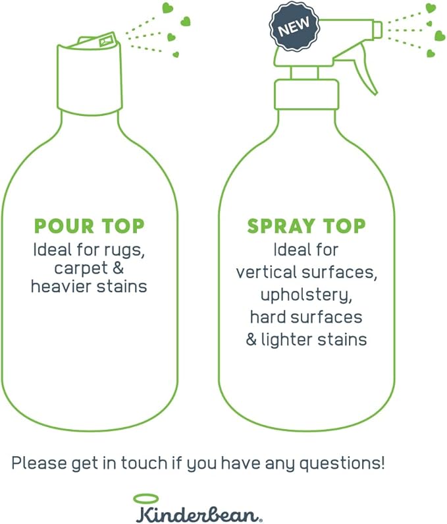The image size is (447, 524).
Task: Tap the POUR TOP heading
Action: tap(89, 226)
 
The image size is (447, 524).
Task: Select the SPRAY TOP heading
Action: tap(306, 226)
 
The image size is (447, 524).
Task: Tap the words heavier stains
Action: tap(89, 287)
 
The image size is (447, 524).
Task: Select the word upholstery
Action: tap(306, 295)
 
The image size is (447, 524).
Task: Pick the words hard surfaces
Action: tap(306, 317)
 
